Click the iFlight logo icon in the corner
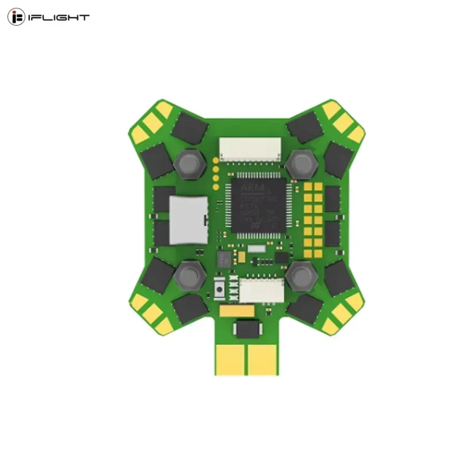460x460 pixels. pyautogui.click(x=17, y=17)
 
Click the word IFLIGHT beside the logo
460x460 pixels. pyautogui.click(x=59, y=17)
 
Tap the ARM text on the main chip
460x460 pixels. pyautogui.click(x=251, y=187)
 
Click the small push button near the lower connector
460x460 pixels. pyautogui.click(x=220, y=289)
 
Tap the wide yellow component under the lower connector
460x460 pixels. pyautogui.click(x=237, y=311)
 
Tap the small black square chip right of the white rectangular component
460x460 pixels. pyautogui.click(x=281, y=255)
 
